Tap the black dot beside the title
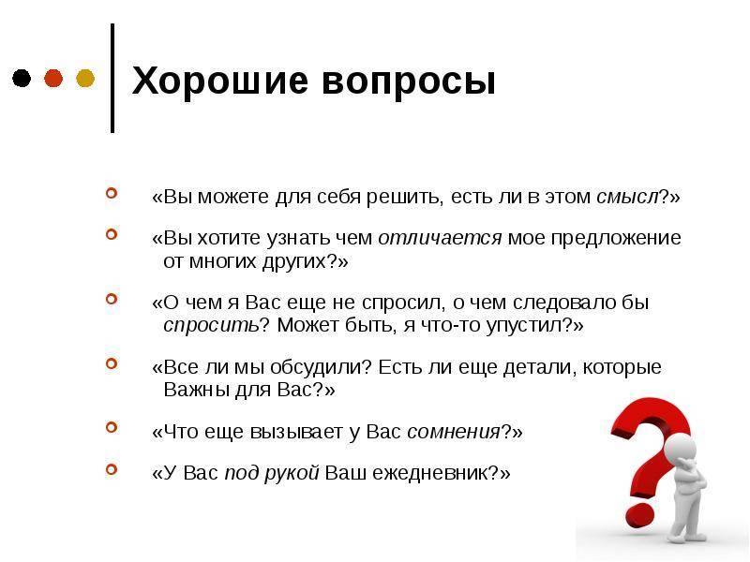(22, 78)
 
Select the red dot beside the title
(53, 78)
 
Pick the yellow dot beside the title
(85, 78)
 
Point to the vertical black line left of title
(112, 78)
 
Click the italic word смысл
(627, 197)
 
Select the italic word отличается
(440, 238)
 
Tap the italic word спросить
(211, 326)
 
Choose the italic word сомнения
(454, 432)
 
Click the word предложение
(616, 239)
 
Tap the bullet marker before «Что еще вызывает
(112, 427)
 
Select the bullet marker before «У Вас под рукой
(112, 469)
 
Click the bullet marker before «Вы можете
(112, 193)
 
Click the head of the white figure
(682, 449)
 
